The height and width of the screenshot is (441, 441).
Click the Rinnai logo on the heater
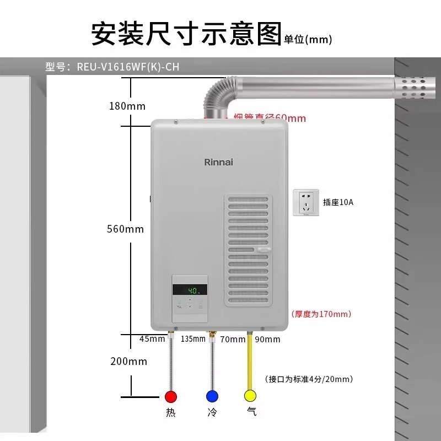coord(219,162)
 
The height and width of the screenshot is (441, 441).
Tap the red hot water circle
coord(171,396)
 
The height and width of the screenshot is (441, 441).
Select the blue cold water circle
coord(212,396)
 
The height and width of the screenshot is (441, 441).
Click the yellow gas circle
coord(251,396)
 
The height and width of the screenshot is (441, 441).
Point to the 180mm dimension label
coord(127,106)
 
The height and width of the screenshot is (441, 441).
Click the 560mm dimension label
coord(125,229)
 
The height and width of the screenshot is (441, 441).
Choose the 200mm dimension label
coord(129,362)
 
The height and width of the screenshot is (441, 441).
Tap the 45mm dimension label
coord(152,339)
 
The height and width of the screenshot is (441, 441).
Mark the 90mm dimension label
coord(267,340)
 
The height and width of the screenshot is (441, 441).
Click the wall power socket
coord(307,203)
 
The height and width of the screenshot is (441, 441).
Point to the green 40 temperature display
coord(190,290)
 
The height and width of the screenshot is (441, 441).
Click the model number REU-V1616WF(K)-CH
coord(127,67)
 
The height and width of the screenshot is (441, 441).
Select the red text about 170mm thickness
coord(321,314)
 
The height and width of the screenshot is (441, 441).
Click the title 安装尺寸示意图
coord(186,34)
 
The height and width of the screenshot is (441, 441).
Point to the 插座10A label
coord(338,202)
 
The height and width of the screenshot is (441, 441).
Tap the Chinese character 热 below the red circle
coord(171,412)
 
